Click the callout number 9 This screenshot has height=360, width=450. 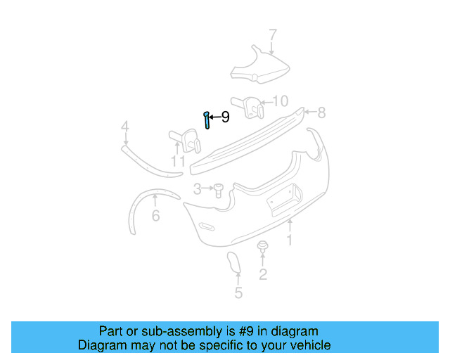tap(225, 117)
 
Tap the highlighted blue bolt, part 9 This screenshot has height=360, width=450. tap(207, 120)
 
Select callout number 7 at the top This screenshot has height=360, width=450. tap(273, 35)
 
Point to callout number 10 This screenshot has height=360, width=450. tap(280, 101)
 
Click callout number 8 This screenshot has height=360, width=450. tap(321, 112)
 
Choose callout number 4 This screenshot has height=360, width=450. tap(124, 127)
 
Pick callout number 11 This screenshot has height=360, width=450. tap(178, 162)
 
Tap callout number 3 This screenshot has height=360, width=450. tap(198, 188)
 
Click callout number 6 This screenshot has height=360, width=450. tap(155, 216)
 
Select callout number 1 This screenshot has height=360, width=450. tap(288, 240)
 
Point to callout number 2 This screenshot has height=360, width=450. tap(263, 274)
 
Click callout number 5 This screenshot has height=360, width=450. tap(238, 293)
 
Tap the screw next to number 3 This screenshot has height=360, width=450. tap(217, 189)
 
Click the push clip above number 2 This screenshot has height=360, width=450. tap(263, 247)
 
